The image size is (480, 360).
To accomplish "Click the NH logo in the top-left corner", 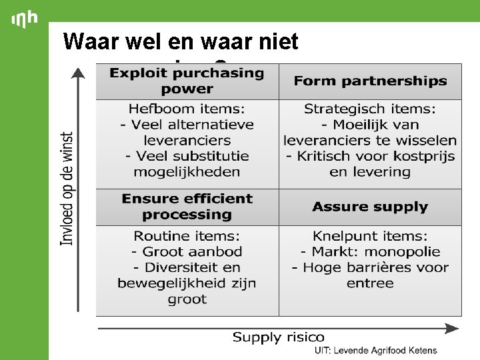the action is [25, 20].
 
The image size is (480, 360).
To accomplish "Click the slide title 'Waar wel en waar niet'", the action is [181, 42].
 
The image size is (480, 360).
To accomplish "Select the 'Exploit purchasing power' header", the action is [187, 81].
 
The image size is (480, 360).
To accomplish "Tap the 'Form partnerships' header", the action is [370, 81].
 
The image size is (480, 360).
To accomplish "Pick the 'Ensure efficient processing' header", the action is [187, 207].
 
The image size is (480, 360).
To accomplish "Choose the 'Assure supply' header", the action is [370, 207].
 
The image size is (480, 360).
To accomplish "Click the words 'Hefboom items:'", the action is [187, 109].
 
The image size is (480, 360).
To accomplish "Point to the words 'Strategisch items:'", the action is [370, 109].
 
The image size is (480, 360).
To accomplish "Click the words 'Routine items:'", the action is [187, 235].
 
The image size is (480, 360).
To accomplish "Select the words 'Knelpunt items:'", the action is [370, 235].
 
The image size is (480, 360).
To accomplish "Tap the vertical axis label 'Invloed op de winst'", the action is [67, 189].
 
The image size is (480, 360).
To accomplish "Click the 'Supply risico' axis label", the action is [279, 337].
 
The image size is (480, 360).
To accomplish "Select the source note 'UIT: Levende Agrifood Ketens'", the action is [376, 351].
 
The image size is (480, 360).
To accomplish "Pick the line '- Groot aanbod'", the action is [187, 251].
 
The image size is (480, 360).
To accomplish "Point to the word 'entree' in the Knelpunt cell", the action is [370, 283].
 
